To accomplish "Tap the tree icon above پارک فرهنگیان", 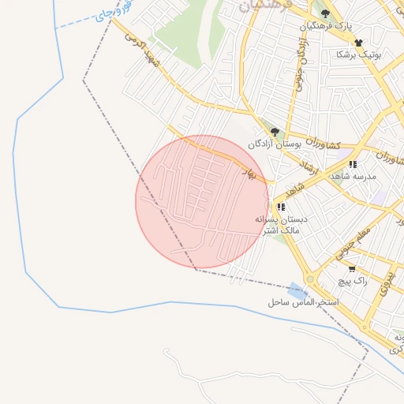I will pos(325,13).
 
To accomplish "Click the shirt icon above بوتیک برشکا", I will pos(358,43).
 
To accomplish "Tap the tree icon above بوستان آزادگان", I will pos(275,132).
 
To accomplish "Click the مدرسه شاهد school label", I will pos(353,176).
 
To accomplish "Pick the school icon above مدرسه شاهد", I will pos(352,164).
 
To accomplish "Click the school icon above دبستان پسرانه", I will pos(282,207).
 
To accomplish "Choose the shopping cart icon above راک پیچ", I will pos(351,269).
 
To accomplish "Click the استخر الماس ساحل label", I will pos(302,302).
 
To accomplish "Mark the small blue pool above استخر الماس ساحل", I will pos(295,290).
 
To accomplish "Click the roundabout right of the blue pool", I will pos(309,279).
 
